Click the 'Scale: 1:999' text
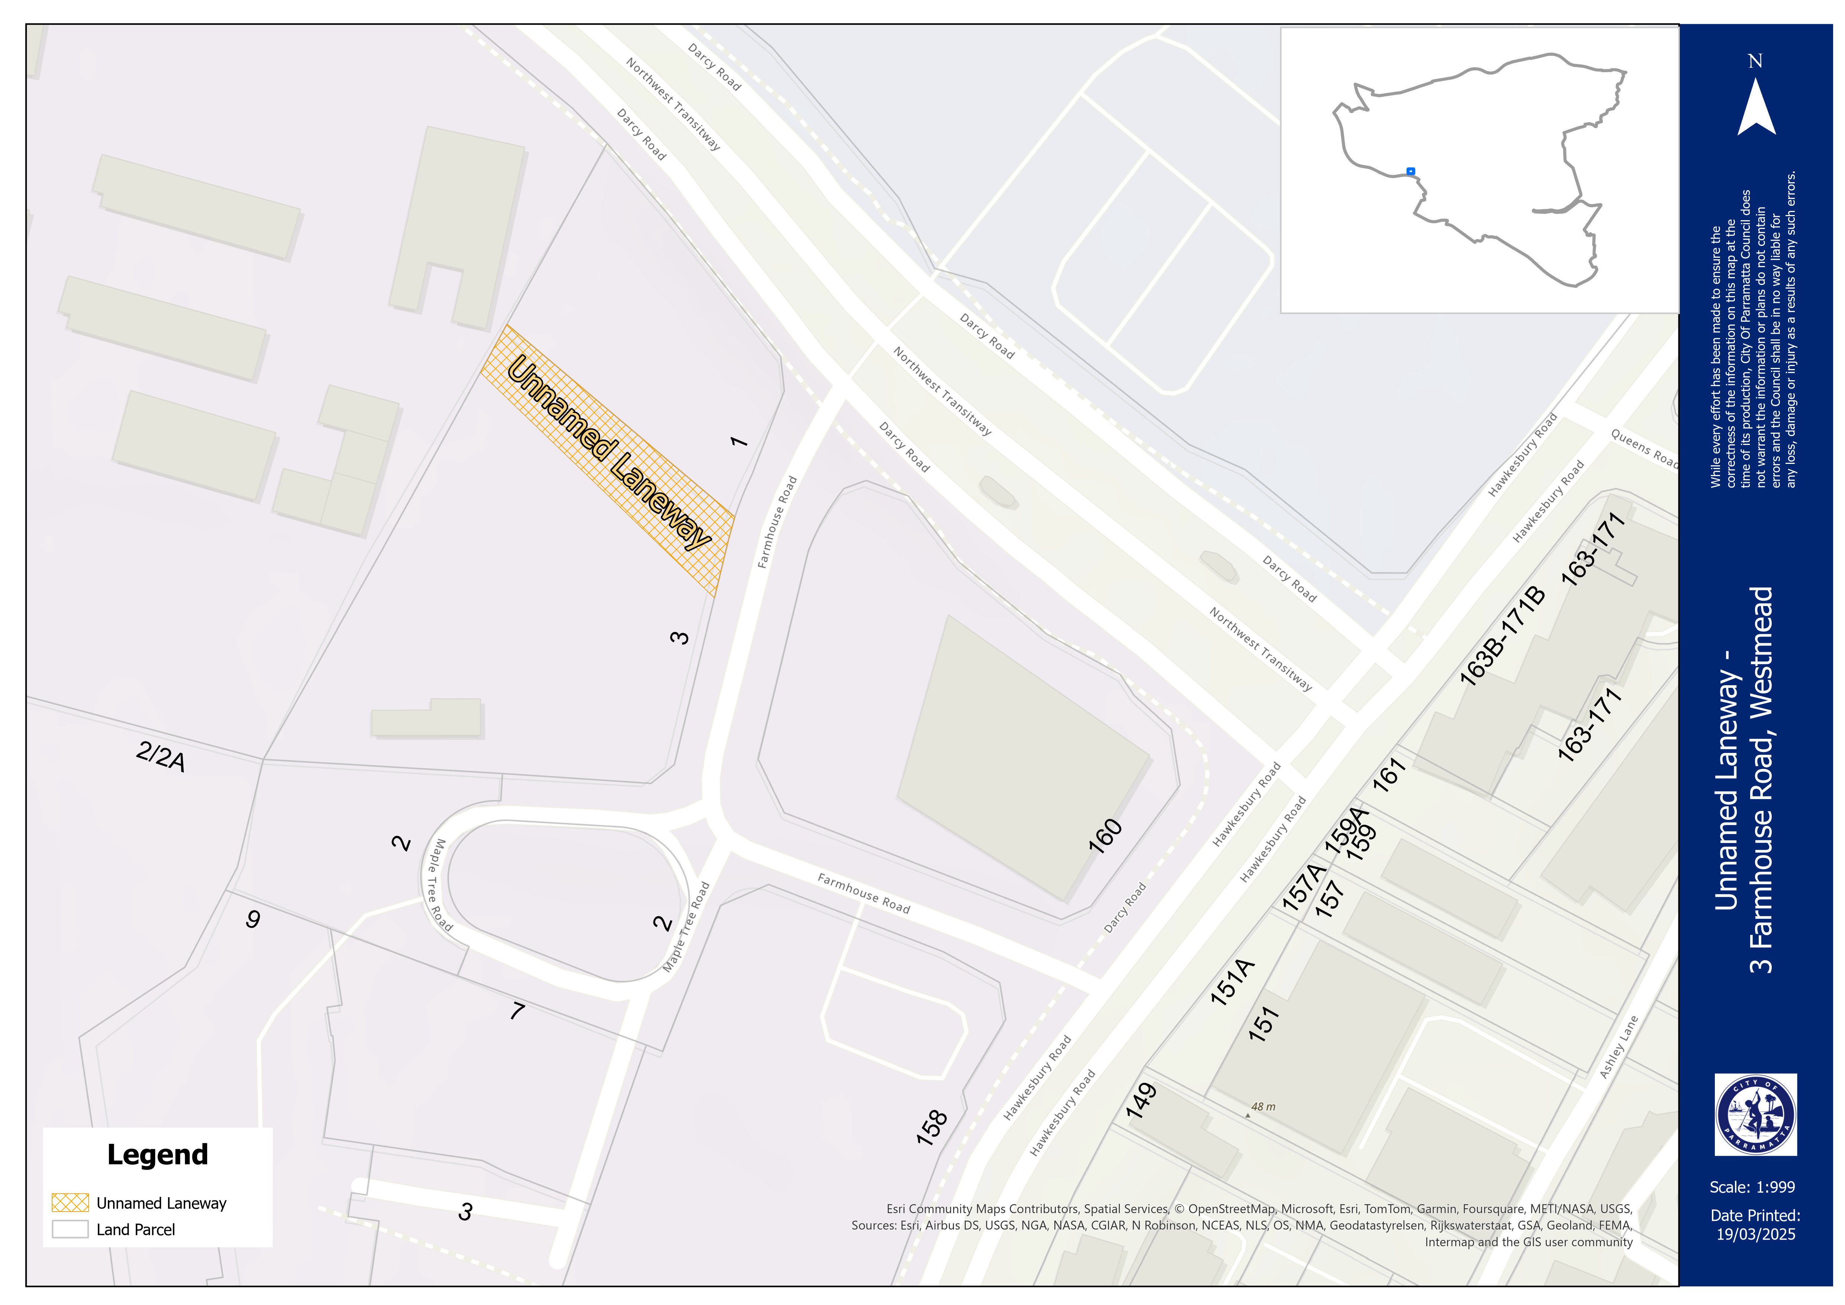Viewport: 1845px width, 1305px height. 1752,1187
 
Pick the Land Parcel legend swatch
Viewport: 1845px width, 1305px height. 70,1229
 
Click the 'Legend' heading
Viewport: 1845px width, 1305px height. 158,1155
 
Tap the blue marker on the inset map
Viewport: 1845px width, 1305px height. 1410,171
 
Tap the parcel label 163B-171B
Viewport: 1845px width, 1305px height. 1502,637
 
